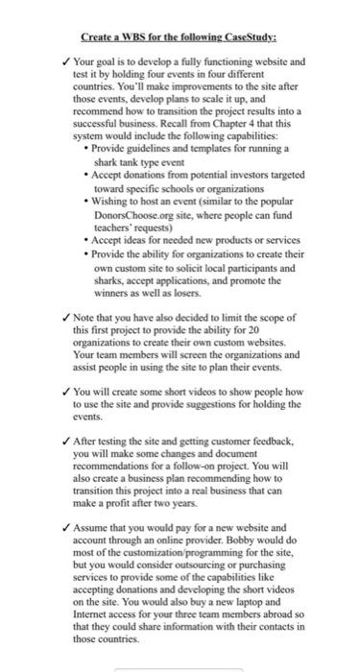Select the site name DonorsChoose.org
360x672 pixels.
click(141, 217)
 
